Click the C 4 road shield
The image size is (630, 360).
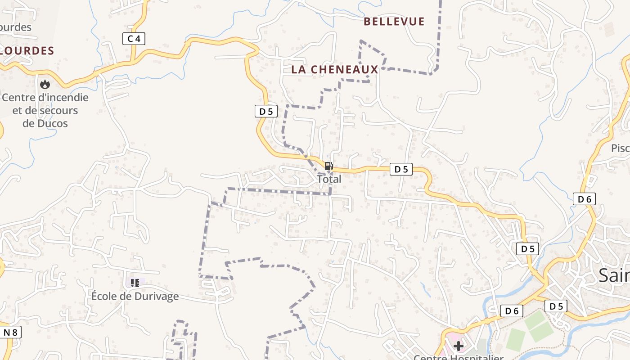point(134,39)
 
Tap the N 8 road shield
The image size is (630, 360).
point(10,333)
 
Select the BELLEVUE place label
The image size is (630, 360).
point(394,22)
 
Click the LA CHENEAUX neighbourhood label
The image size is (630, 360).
point(335,69)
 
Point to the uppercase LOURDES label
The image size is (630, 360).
point(27,51)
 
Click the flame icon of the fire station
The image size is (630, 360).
point(45,84)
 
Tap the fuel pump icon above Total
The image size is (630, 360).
point(329,166)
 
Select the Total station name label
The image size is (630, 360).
point(329,179)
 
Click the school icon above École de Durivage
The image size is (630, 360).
point(135,283)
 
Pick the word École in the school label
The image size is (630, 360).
point(105,296)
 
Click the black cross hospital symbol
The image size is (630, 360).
point(459,346)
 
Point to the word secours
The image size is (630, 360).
point(58,110)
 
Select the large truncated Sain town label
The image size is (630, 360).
point(614,275)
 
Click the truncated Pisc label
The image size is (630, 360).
point(620,148)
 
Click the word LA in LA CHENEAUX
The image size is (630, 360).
point(299,69)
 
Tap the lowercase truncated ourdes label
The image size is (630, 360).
point(16,27)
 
